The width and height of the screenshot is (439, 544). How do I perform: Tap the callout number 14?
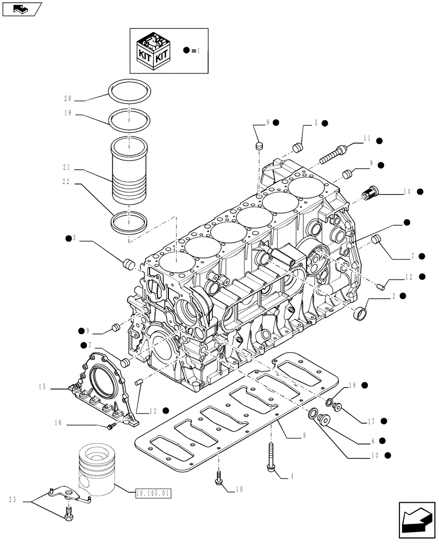pyautogui.click(x=407, y=191)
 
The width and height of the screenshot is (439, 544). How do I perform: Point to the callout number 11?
pyautogui.click(x=367, y=139)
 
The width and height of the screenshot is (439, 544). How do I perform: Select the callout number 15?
pyautogui.click(x=43, y=387)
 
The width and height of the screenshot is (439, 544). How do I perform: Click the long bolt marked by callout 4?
pyautogui.click(x=270, y=456)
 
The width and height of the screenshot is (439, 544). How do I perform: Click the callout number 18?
pyautogui.click(x=352, y=385)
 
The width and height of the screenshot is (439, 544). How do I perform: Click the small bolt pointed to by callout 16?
pyautogui.click(x=111, y=427)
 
